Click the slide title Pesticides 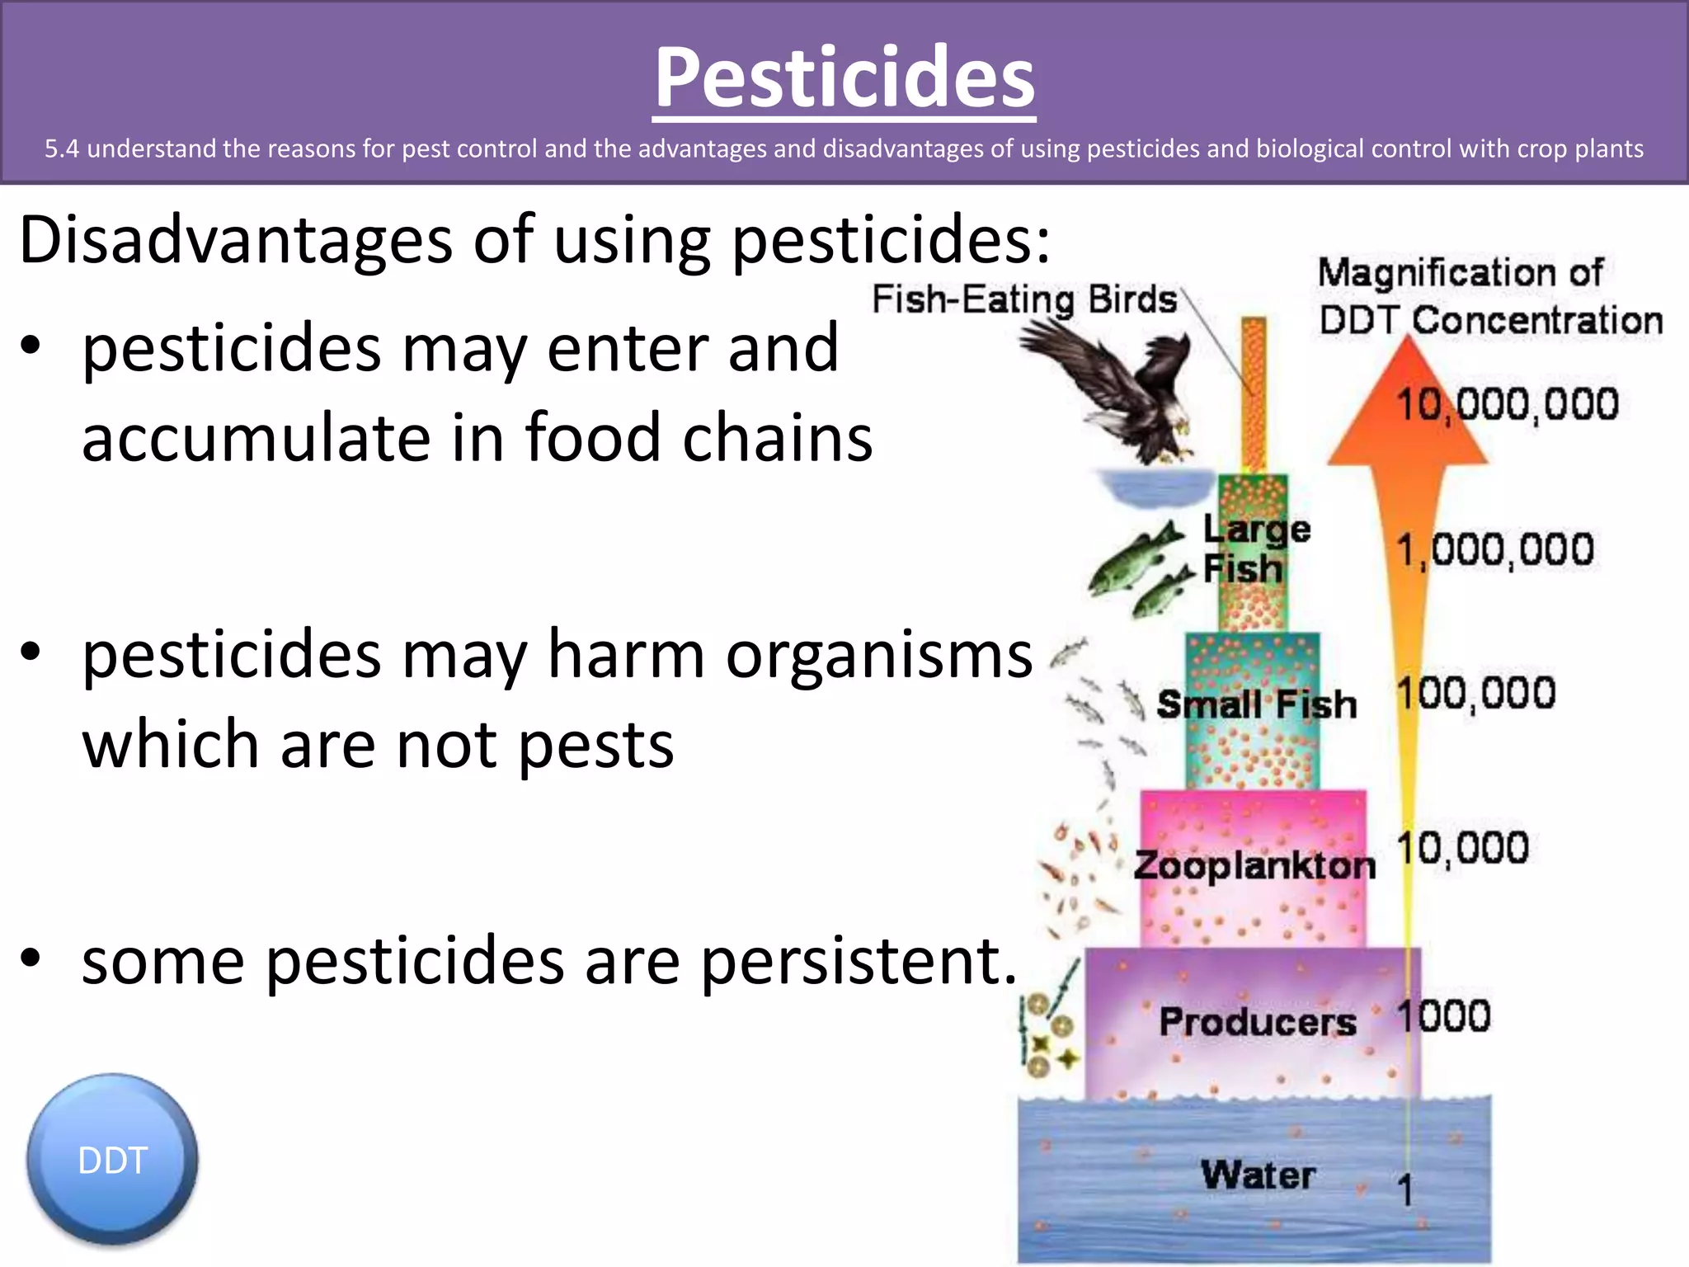click(x=844, y=78)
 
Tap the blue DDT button click(x=112, y=1160)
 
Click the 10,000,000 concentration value click(x=1507, y=404)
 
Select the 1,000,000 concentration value click(x=1494, y=550)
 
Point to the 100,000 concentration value click(x=1476, y=693)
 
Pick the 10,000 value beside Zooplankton click(x=1462, y=848)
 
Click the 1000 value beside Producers click(x=1443, y=1015)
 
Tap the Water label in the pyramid click(x=1257, y=1175)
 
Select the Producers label click(x=1257, y=1021)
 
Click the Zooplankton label click(x=1254, y=865)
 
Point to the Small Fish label click(x=1256, y=704)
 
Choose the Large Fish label click(x=1255, y=549)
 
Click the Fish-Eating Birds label click(x=1023, y=299)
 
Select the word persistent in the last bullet click(x=858, y=962)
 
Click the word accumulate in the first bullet click(x=256, y=438)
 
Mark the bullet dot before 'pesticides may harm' click(x=31, y=652)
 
